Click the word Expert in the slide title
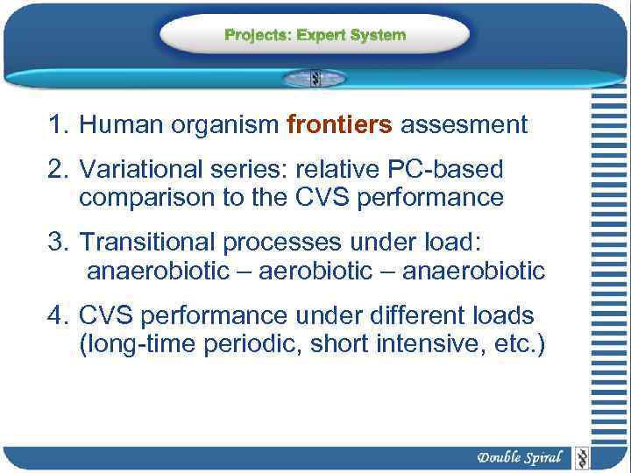coord(323,35)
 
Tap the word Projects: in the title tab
coord(259,35)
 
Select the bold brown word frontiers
coord(339,125)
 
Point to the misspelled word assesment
coord(464,125)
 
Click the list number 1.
coord(58,125)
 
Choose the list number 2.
coord(58,167)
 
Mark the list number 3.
coord(58,241)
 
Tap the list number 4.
coord(58,314)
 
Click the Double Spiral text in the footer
coord(520,457)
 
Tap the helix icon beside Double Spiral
coord(580,457)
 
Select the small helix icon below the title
coord(315,78)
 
